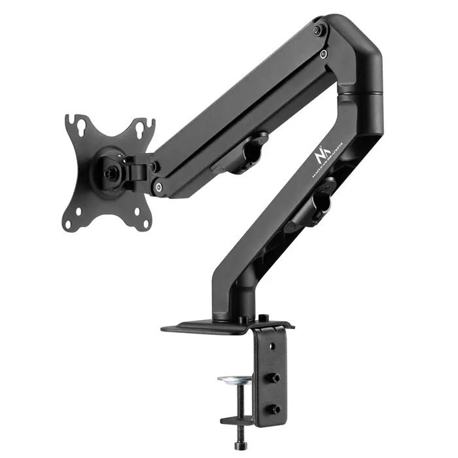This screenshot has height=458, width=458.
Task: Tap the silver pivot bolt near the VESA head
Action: (158, 188)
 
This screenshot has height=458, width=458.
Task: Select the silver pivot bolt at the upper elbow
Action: (323, 54)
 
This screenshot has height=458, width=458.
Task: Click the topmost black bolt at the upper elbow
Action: (317, 30)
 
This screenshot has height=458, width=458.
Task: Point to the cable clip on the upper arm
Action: (249, 152)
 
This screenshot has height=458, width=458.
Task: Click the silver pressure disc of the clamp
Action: (236, 379)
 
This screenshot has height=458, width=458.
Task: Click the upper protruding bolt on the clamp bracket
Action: (275, 378)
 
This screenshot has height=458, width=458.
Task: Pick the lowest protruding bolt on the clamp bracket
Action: (275, 410)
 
